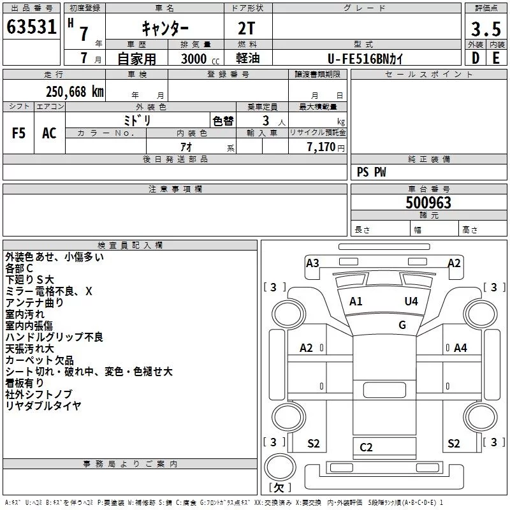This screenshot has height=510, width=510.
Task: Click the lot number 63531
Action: (31, 27)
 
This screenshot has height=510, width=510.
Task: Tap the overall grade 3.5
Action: (486, 29)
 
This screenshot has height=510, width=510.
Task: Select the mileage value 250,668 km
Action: (75, 92)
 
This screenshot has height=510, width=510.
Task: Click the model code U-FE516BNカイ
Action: (365, 59)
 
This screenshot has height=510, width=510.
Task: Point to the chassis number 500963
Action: (428, 203)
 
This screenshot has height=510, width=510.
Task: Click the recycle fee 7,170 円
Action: (326, 147)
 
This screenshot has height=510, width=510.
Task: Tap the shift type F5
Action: (18, 133)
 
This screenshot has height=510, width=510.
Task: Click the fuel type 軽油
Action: (248, 58)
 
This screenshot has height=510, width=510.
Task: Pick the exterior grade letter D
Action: (476, 58)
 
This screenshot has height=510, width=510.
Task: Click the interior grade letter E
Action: (496, 58)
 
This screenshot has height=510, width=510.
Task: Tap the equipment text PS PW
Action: (371, 172)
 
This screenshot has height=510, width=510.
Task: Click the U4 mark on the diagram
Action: (411, 302)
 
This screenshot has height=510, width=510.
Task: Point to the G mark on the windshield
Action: (402, 325)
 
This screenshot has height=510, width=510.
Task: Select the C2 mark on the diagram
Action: (366, 448)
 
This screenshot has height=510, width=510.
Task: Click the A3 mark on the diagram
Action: (312, 263)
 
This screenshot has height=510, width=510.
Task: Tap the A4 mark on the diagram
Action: (460, 348)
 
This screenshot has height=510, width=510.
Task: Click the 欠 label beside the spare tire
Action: (279, 488)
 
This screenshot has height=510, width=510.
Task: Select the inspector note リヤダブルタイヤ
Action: (43, 405)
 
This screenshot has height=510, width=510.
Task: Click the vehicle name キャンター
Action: (165, 28)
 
